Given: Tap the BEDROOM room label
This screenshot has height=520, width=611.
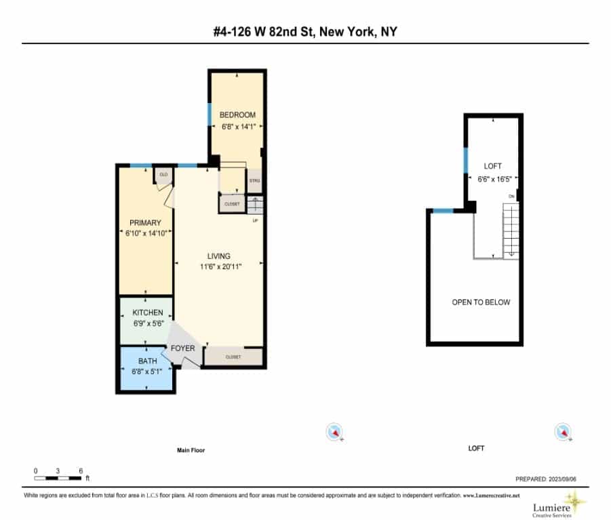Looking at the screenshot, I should [x=237, y=115].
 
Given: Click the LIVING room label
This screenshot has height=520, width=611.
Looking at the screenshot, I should [x=219, y=256].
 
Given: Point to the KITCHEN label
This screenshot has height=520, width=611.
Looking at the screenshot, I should [x=147, y=313].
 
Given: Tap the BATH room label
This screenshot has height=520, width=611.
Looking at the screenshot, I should [x=147, y=361].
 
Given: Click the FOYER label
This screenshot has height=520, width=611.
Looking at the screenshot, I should [x=182, y=348].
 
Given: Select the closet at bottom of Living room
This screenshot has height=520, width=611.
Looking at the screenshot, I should [x=233, y=357].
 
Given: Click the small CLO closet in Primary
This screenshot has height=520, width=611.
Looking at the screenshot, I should [x=163, y=175].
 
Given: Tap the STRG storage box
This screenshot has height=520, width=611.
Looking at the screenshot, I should [x=254, y=180].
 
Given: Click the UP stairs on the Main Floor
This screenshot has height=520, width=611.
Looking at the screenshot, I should [x=254, y=205].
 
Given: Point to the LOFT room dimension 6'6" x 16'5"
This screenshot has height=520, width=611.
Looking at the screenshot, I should [x=493, y=178].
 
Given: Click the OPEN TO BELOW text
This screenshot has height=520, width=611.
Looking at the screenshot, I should [x=481, y=302].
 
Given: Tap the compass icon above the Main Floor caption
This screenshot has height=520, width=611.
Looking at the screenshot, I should [x=334, y=431].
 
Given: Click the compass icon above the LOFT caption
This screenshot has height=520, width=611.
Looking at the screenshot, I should [x=562, y=431].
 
